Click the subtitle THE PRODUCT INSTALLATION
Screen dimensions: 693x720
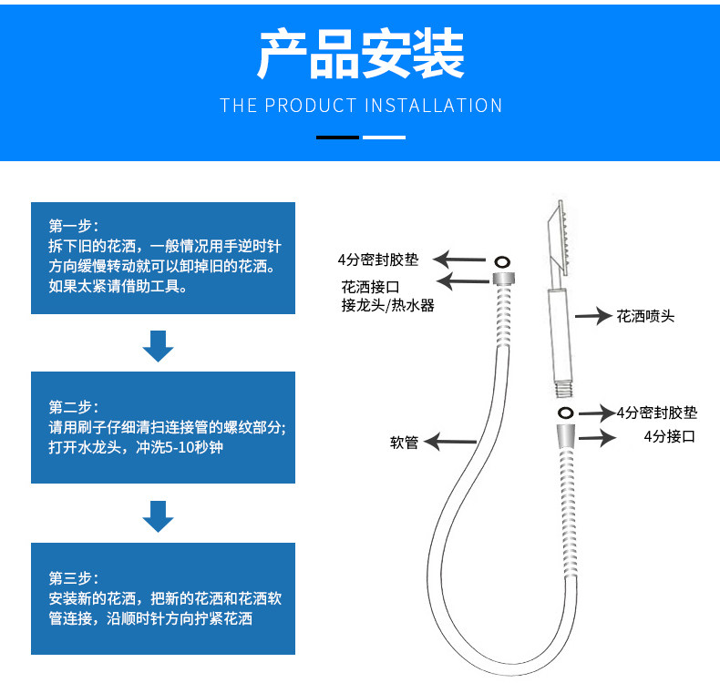pyautogui.click(x=361, y=106)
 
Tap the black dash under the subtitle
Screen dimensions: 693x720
pyautogui.click(x=337, y=138)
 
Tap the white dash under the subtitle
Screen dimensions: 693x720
pyautogui.click(x=384, y=138)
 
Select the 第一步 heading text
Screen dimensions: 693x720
pyautogui.click(x=74, y=226)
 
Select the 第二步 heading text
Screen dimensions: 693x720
pyautogui.click(x=74, y=406)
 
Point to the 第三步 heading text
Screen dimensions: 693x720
pyautogui.click(x=74, y=577)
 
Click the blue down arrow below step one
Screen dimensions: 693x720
pyautogui.click(x=159, y=346)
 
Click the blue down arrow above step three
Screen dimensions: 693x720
pyautogui.click(x=159, y=516)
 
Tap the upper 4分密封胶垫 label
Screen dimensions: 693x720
pyautogui.click(x=378, y=260)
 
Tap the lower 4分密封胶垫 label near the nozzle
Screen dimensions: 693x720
pyautogui.click(x=656, y=413)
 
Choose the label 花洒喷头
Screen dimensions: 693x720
pyautogui.click(x=645, y=317)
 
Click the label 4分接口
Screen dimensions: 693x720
pyautogui.click(x=669, y=436)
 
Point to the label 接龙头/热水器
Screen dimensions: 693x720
pyautogui.click(x=387, y=305)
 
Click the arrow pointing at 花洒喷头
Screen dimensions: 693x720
pyautogui.click(x=591, y=317)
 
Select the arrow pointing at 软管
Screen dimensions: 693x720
pyautogui.click(x=450, y=443)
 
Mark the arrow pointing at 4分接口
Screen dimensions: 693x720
pyautogui.click(x=596, y=438)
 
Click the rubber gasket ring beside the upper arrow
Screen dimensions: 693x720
pyautogui.click(x=501, y=260)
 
